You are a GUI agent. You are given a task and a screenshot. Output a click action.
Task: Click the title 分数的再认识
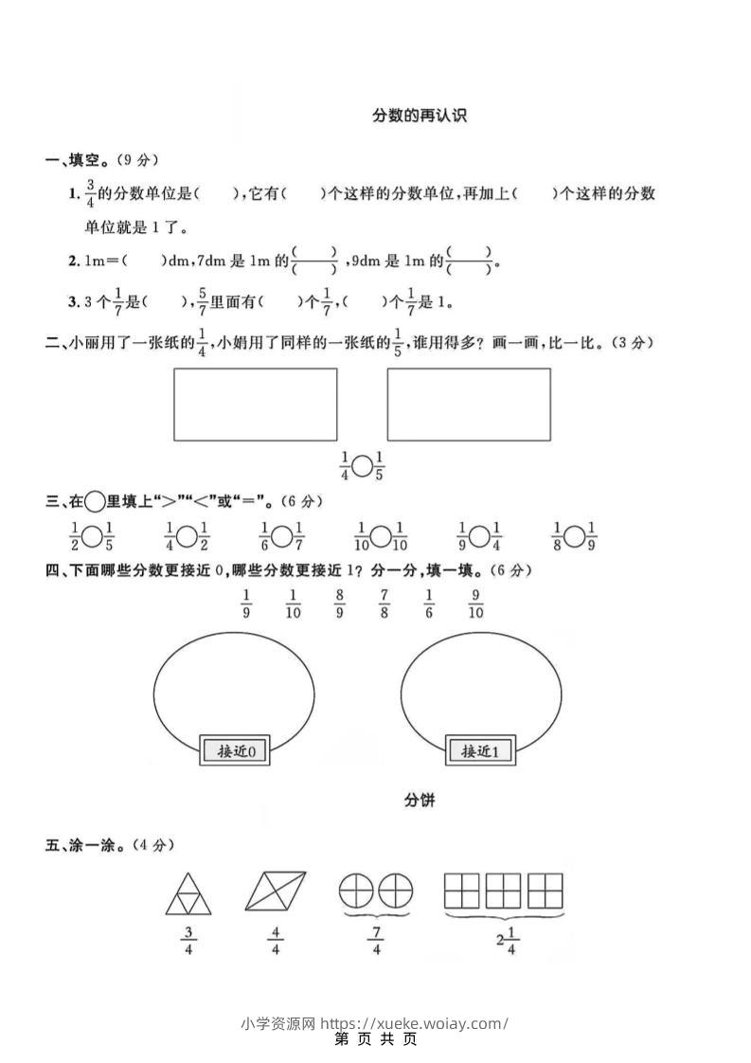(x=420, y=117)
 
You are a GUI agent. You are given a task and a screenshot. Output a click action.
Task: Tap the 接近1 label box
(x=479, y=750)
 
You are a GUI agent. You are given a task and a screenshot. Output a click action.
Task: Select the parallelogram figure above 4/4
(x=276, y=892)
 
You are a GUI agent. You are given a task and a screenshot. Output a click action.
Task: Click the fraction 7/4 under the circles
(x=376, y=942)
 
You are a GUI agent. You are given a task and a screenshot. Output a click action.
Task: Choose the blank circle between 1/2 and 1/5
(x=92, y=537)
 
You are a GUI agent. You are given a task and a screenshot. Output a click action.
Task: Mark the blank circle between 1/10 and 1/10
(x=380, y=537)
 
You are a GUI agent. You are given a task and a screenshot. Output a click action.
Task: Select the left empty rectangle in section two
(x=255, y=405)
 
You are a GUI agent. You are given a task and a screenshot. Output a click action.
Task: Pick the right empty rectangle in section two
(x=468, y=405)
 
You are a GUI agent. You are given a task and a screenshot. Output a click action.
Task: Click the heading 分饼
(x=420, y=802)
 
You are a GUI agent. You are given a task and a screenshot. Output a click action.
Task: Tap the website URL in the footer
(x=415, y=1023)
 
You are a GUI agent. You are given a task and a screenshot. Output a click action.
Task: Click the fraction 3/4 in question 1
(x=91, y=194)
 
